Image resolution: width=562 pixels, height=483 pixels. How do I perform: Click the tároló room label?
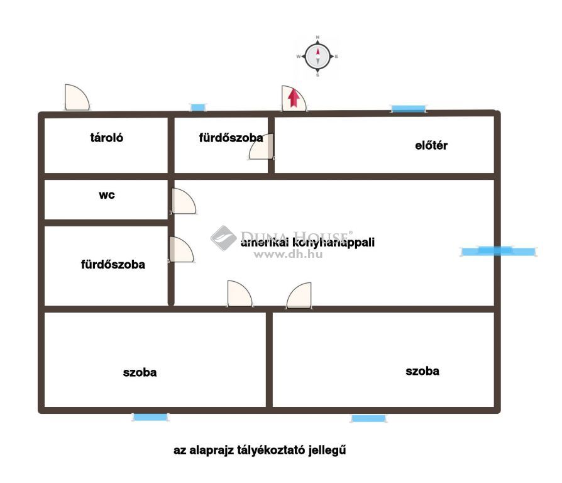[x=106, y=138]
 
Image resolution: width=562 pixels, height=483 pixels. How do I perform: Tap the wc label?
[x=107, y=195]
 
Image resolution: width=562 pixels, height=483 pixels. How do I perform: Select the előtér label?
[x=431, y=145]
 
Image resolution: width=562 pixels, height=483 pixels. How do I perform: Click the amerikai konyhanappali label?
[x=307, y=242]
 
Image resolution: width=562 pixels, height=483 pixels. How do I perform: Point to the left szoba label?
[x=140, y=372]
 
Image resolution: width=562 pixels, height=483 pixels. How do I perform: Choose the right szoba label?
[x=422, y=371]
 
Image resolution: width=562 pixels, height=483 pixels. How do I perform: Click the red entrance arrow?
[x=294, y=98]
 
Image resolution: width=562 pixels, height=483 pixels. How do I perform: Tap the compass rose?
[x=317, y=57]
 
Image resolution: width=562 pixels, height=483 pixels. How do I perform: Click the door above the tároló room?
[x=77, y=97]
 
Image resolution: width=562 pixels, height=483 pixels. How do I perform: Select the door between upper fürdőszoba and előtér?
[x=262, y=147]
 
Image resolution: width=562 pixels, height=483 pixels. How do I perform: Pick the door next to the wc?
[x=183, y=201]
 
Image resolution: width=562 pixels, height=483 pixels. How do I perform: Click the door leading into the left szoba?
[x=240, y=294]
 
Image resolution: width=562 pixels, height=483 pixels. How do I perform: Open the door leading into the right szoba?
[x=299, y=296]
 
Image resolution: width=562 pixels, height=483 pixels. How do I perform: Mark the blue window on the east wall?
[x=499, y=252]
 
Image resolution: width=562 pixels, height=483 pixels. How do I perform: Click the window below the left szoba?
[x=150, y=417]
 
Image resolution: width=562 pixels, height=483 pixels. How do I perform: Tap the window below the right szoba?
[x=368, y=418]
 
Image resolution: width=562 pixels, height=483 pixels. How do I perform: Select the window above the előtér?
[x=408, y=109]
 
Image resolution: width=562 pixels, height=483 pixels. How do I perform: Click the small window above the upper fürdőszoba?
[x=197, y=107]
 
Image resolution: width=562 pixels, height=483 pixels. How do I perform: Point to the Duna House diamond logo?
[x=223, y=238]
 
